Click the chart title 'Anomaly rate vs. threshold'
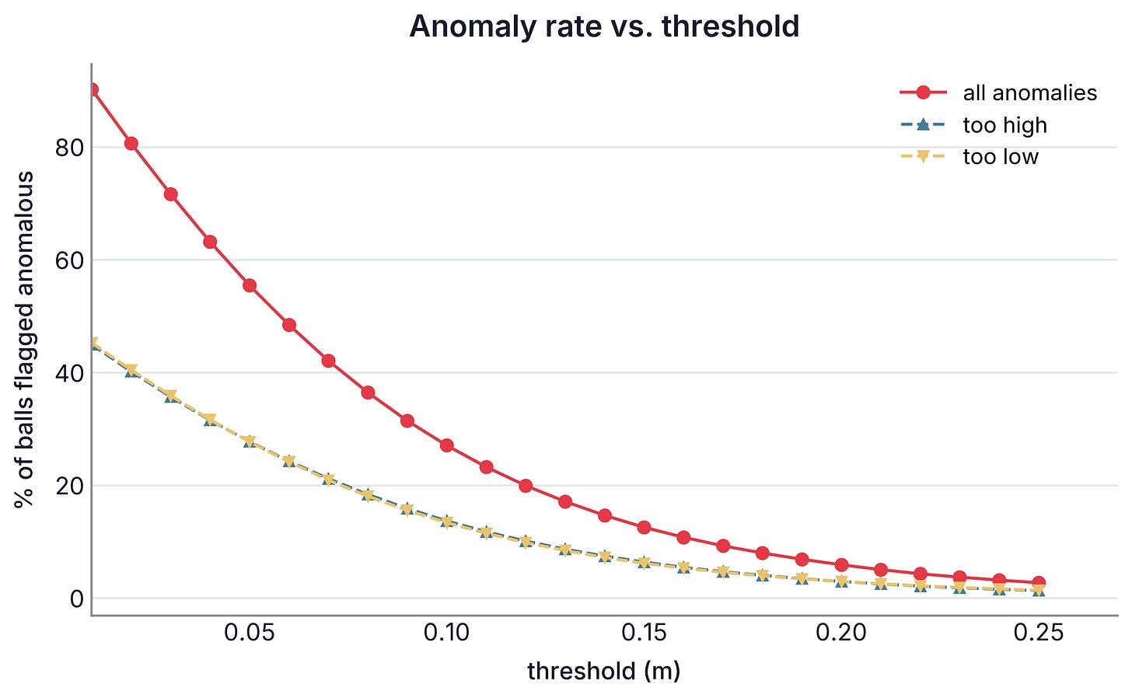coord(604,26)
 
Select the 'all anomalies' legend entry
coord(998,93)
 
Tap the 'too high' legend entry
coord(974,124)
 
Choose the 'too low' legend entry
coord(970,156)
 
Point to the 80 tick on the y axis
coord(69,148)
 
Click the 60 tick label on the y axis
coord(69,260)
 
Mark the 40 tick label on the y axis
coord(69,373)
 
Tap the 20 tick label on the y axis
coord(69,486)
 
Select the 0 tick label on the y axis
coord(76,599)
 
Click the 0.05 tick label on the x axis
coord(249,633)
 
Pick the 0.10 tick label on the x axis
coord(447,633)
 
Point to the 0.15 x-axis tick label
coord(644,633)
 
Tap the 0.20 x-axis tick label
coord(841,633)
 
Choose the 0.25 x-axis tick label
coord(1039,633)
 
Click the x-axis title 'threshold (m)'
coord(604,672)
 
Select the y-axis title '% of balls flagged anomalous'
coord(24,340)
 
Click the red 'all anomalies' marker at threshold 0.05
coord(250,285)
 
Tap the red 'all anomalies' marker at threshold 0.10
coord(447,445)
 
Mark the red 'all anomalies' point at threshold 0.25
coord(1039,582)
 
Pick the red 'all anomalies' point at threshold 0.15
coord(644,527)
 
